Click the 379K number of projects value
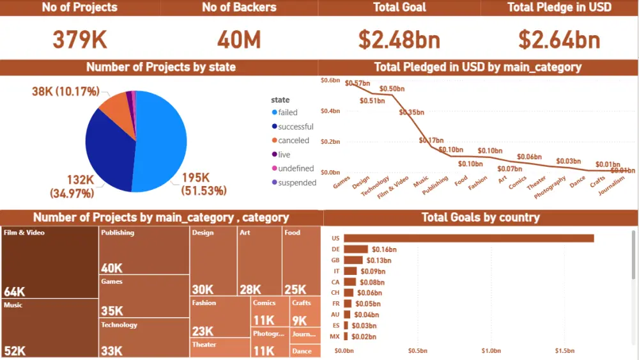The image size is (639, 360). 80,40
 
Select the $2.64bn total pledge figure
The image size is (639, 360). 559,40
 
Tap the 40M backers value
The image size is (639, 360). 239,40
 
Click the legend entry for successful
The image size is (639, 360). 295,127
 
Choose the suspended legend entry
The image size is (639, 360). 296,183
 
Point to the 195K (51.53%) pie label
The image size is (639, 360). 204,184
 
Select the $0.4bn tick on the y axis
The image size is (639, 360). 330,111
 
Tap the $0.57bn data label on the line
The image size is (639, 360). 357,83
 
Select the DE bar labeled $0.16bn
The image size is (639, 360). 356,249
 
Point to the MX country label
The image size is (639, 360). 335,336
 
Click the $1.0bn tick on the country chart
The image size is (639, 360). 491,351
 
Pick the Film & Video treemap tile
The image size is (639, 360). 50,262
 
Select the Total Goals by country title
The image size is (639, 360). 481,217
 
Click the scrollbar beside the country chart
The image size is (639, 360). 634,256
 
